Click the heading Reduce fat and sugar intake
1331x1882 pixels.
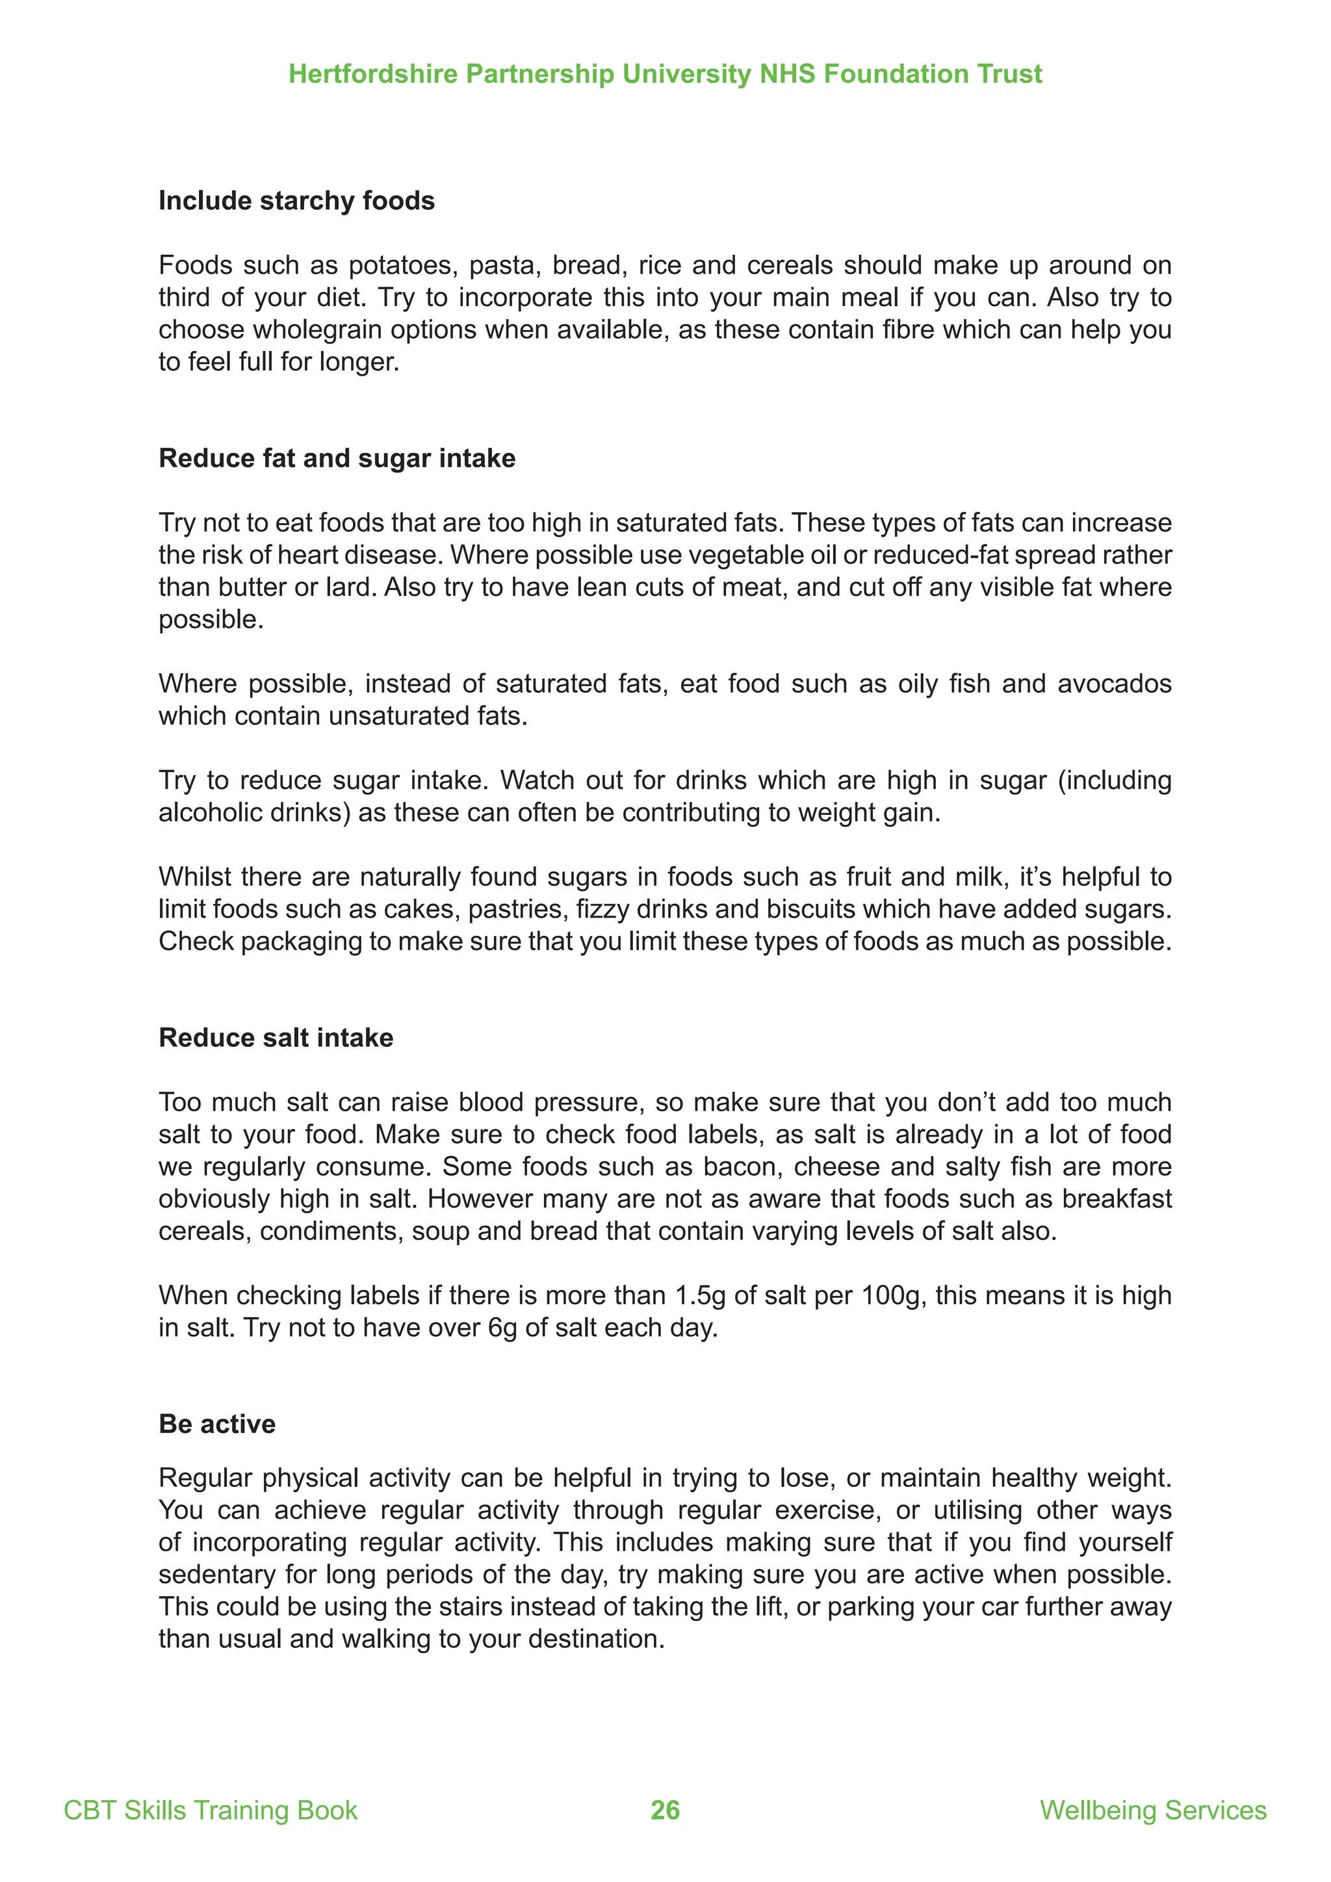[337, 458]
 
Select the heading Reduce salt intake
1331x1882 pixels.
[276, 1038]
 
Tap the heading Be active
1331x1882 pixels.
[216, 1424]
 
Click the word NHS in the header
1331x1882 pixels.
[787, 74]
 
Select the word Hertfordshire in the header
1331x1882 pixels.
[373, 74]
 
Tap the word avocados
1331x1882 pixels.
[1114, 684]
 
